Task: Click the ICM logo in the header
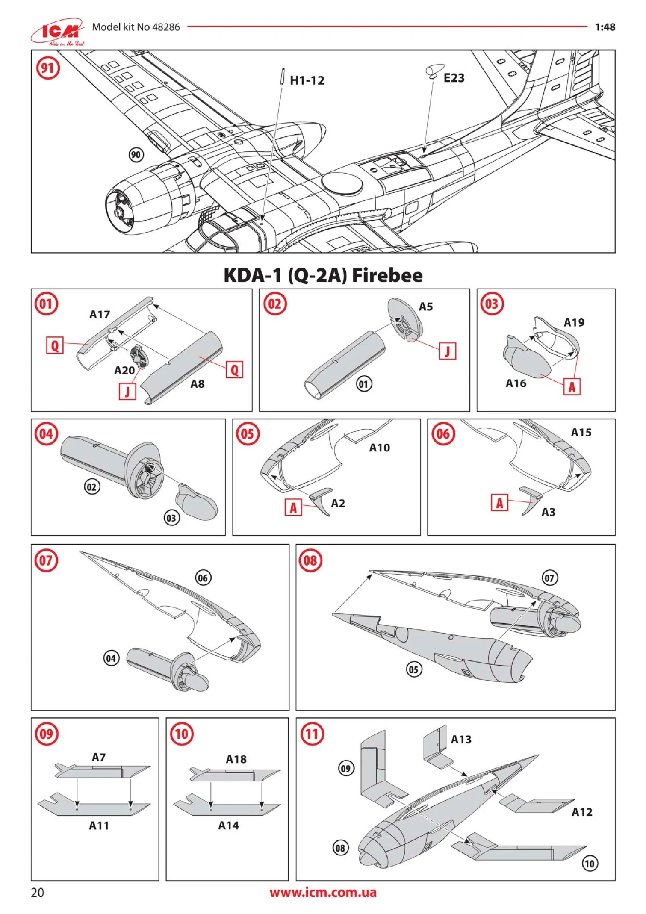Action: [58, 32]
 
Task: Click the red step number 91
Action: [47, 68]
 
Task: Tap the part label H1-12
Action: [307, 80]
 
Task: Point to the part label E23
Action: [454, 78]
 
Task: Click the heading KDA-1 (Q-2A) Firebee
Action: [323, 275]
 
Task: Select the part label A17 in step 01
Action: [100, 315]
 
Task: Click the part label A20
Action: [124, 370]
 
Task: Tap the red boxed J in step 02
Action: [447, 351]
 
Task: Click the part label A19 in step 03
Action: [574, 323]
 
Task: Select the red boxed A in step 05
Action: [293, 508]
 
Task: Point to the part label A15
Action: [581, 433]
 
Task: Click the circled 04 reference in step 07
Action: [111, 658]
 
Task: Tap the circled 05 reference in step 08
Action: [413, 669]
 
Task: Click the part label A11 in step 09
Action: [99, 826]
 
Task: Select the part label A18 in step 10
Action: [236, 759]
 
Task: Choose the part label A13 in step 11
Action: [461, 740]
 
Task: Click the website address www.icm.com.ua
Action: [323, 892]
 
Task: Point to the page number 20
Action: [37, 893]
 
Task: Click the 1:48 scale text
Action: [605, 27]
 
